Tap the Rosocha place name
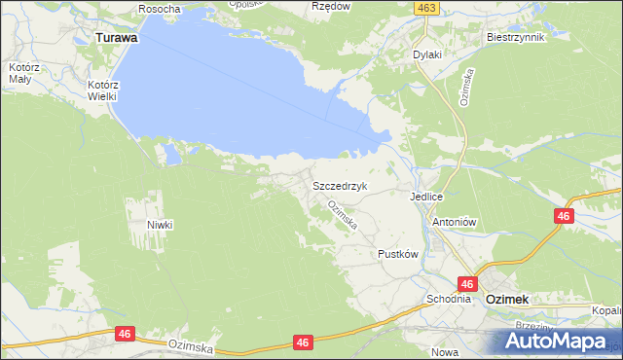(160, 9)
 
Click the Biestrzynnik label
(514, 36)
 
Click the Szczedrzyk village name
(339, 185)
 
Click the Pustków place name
(397, 254)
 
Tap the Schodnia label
(448, 300)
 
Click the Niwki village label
(160, 225)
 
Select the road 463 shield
(430, 8)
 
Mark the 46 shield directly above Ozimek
(467, 284)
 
